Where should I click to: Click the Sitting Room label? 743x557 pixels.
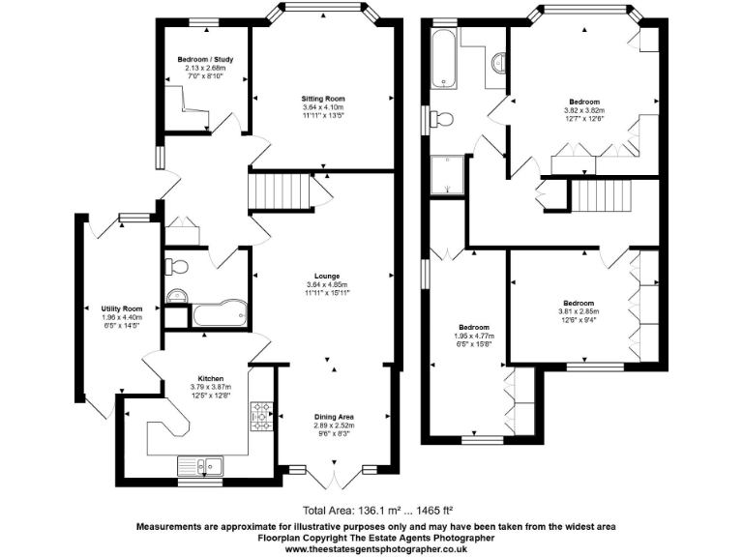(x=322, y=99)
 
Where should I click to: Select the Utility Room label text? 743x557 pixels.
(x=122, y=308)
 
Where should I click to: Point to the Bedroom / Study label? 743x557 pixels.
(x=204, y=60)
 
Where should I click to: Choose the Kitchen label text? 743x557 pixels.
(x=211, y=378)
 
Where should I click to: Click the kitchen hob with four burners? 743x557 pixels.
(x=261, y=417)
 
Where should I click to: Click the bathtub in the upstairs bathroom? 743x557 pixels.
(x=446, y=56)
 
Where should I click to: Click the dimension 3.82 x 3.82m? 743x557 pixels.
(x=583, y=110)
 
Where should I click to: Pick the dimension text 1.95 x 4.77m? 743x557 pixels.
(x=473, y=336)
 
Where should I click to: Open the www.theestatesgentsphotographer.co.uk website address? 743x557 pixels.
(x=371, y=548)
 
